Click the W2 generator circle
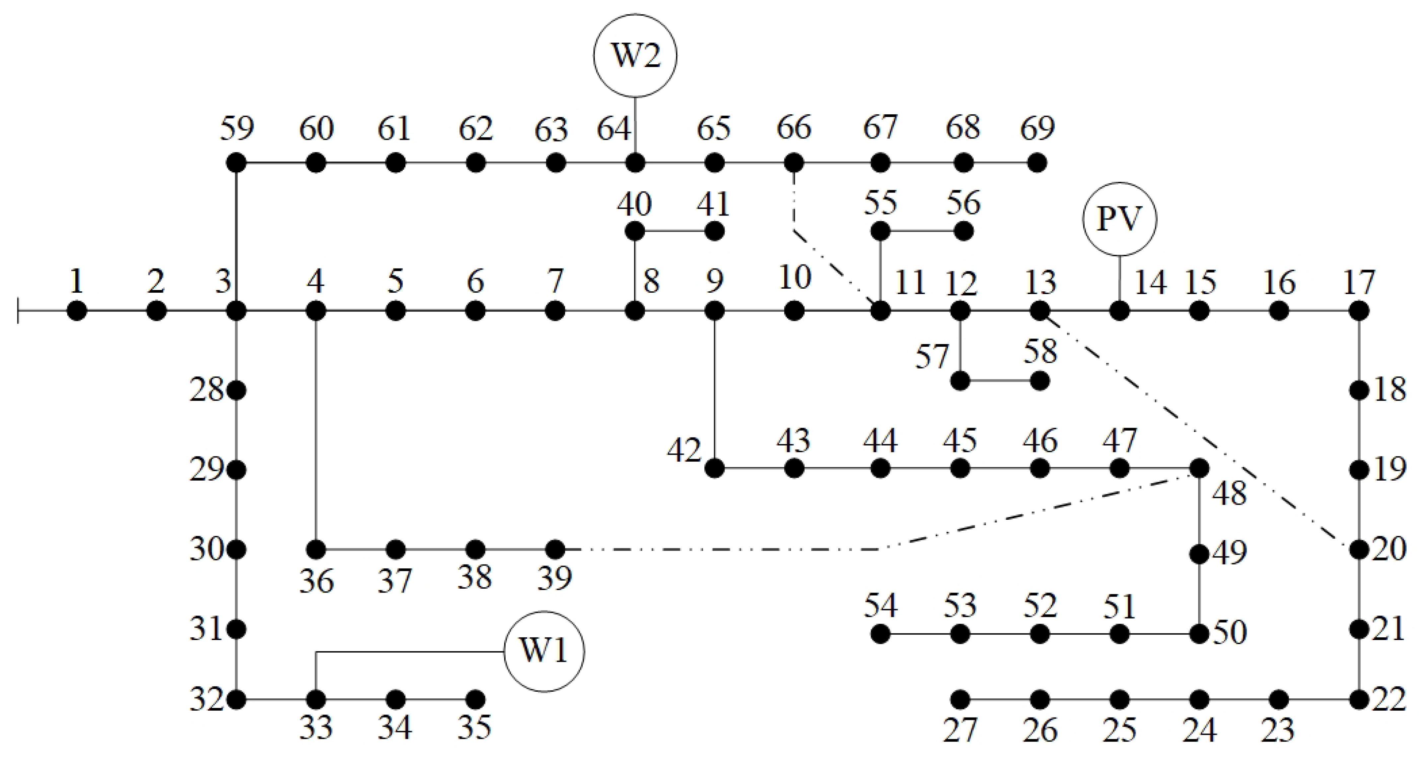[635, 56]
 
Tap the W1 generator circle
[544, 652]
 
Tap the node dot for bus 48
[1199, 468]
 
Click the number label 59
[237, 129]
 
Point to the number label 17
[1358, 282]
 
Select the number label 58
[1040, 352]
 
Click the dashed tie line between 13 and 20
[1201, 435]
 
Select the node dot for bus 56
[963, 231]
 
